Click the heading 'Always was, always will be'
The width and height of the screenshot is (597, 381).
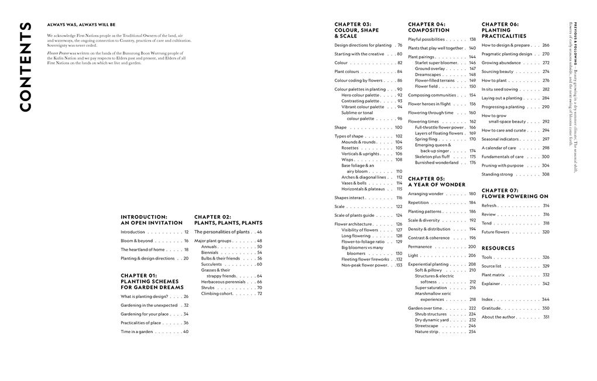click(81, 25)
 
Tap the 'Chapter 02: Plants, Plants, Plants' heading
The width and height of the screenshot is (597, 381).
click(228, 220)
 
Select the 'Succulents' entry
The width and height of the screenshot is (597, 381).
click(212, 264)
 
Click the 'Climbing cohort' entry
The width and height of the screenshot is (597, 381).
click(218, 293)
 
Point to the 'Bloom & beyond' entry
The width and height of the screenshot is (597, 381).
click(136, 241)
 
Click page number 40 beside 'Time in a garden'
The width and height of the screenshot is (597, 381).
click(186, 331)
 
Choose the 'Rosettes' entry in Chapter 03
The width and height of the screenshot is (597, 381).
click(350, 148)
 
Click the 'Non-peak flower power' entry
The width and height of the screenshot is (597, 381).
click(365, 265)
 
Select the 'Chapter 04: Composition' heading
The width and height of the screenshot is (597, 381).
click(429, 27)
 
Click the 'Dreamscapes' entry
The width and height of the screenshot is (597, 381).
click(428, 75)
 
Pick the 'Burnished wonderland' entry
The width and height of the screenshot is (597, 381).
click(437, 162)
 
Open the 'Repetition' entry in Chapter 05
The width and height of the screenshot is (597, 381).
click(418, 203)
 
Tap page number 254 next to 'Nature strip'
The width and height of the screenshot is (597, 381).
click(472, 331)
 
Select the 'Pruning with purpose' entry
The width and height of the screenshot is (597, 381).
click(502, 165)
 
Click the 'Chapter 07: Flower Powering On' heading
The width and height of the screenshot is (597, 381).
click(515, 193)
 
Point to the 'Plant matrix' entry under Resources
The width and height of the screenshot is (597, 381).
click(493, 275)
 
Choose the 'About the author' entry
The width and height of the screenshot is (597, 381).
click(498, 317)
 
